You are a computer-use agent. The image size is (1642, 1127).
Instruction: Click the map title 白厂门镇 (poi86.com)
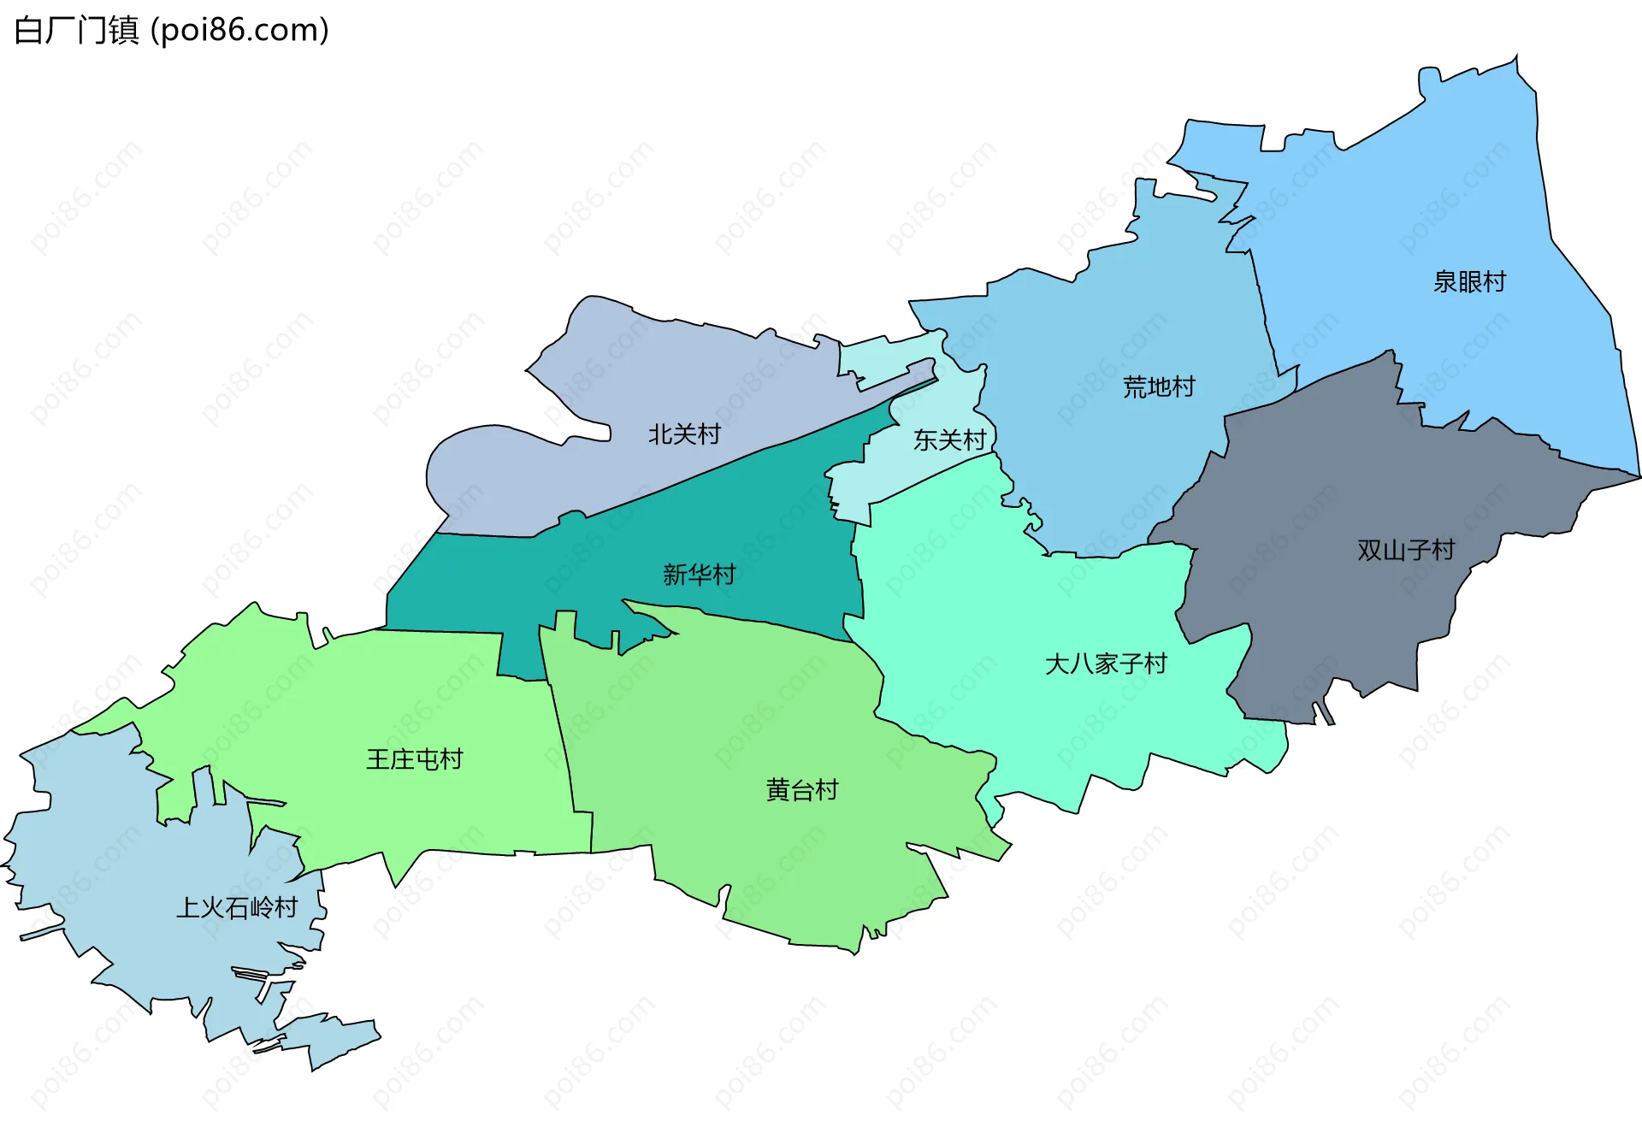click(x=171, y=31)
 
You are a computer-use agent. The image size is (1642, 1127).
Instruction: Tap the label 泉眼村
click(x=1469, y=281)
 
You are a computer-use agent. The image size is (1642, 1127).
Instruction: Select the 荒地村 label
click(x=1159, y=387)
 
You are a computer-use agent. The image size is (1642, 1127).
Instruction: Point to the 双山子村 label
click(x=1406, y=550)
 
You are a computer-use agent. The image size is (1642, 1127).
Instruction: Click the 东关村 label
click(x=949, y=440)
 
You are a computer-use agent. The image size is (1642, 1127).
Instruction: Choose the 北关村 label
click(x=684, y=434)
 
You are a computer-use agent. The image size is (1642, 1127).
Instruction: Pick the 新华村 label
click(x=699, y=575)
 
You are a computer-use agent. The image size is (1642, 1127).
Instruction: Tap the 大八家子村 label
click(x=1106, y=664)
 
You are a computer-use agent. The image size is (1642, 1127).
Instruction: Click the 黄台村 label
click(x=802, y=790)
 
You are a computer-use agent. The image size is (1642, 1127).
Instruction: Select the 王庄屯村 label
click(x=415, y=759)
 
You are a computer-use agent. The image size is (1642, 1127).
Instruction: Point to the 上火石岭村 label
click(x=237, y=907)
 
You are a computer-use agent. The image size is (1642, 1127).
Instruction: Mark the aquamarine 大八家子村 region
click(x=1026, y=599)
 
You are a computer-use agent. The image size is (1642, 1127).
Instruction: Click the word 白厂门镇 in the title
click(x=77, y=31)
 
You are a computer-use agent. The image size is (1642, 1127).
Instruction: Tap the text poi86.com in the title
click(x=239, y=31)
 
